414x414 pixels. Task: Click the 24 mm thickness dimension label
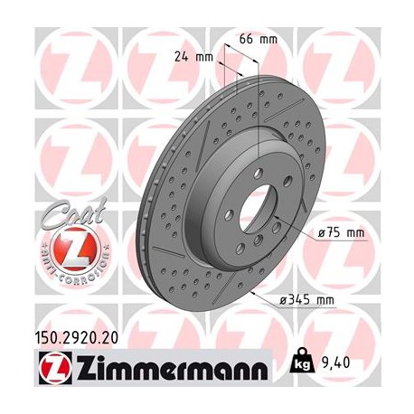point(194,56)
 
